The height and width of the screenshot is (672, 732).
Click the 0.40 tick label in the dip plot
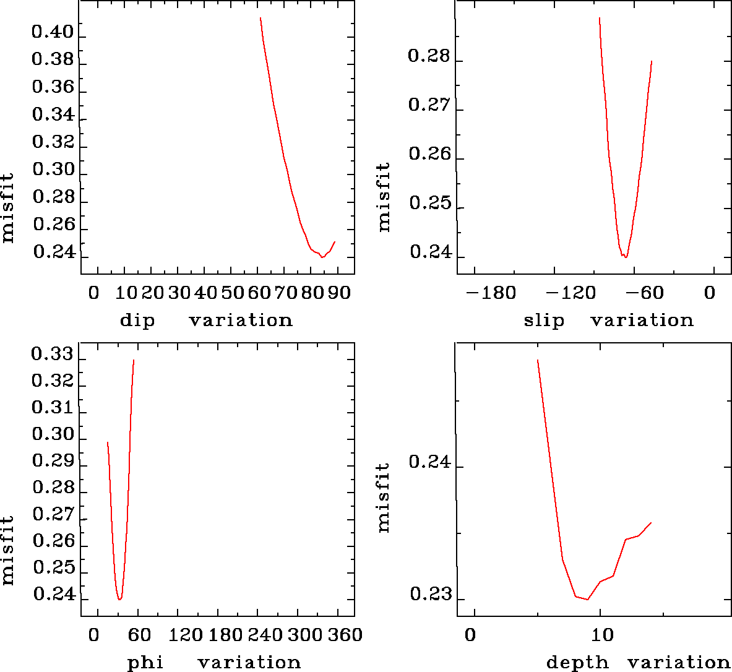(x=53, y=32)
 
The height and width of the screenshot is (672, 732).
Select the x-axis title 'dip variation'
(x=205, y=320)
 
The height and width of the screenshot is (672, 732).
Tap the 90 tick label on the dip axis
(x=339, y=292)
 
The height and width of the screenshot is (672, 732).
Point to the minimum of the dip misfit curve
(x=322, y=257)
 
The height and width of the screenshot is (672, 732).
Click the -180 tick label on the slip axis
(x=491, y=292)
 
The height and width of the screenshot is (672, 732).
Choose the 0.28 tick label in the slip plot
(x=428, y=56)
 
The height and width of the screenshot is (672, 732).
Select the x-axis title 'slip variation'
(x=608, y=320)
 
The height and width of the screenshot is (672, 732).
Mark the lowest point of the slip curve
(x=626, y=257)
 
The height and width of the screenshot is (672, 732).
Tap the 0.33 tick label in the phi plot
(x=53, y=355)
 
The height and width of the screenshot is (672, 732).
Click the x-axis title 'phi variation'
(x=213, y=663)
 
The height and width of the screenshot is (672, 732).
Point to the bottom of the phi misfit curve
(x=119, y=599)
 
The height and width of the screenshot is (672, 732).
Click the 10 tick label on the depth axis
(x=602, y=635)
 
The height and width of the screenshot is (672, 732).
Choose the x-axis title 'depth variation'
(x=638, y=663)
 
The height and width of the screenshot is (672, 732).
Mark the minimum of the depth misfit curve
(x=587, y=599)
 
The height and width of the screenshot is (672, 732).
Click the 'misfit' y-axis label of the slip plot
(x=384, y=197)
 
